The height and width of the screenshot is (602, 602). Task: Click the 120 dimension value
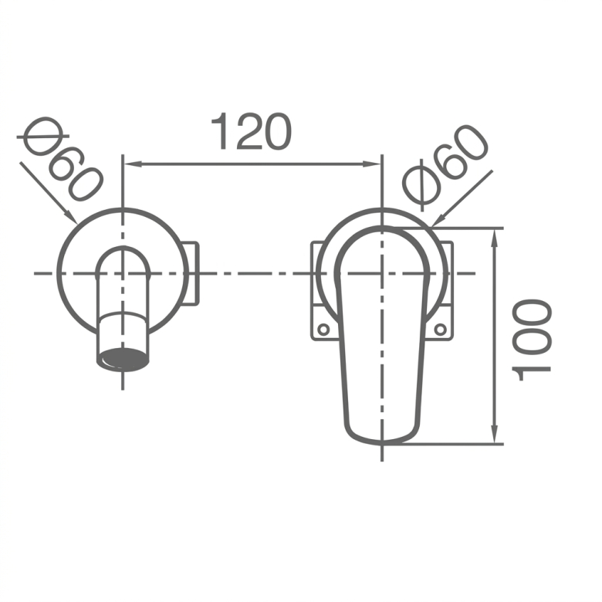252,131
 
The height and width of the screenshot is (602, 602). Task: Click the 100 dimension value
532,340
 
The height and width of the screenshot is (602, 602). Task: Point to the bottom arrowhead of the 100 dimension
495,434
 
